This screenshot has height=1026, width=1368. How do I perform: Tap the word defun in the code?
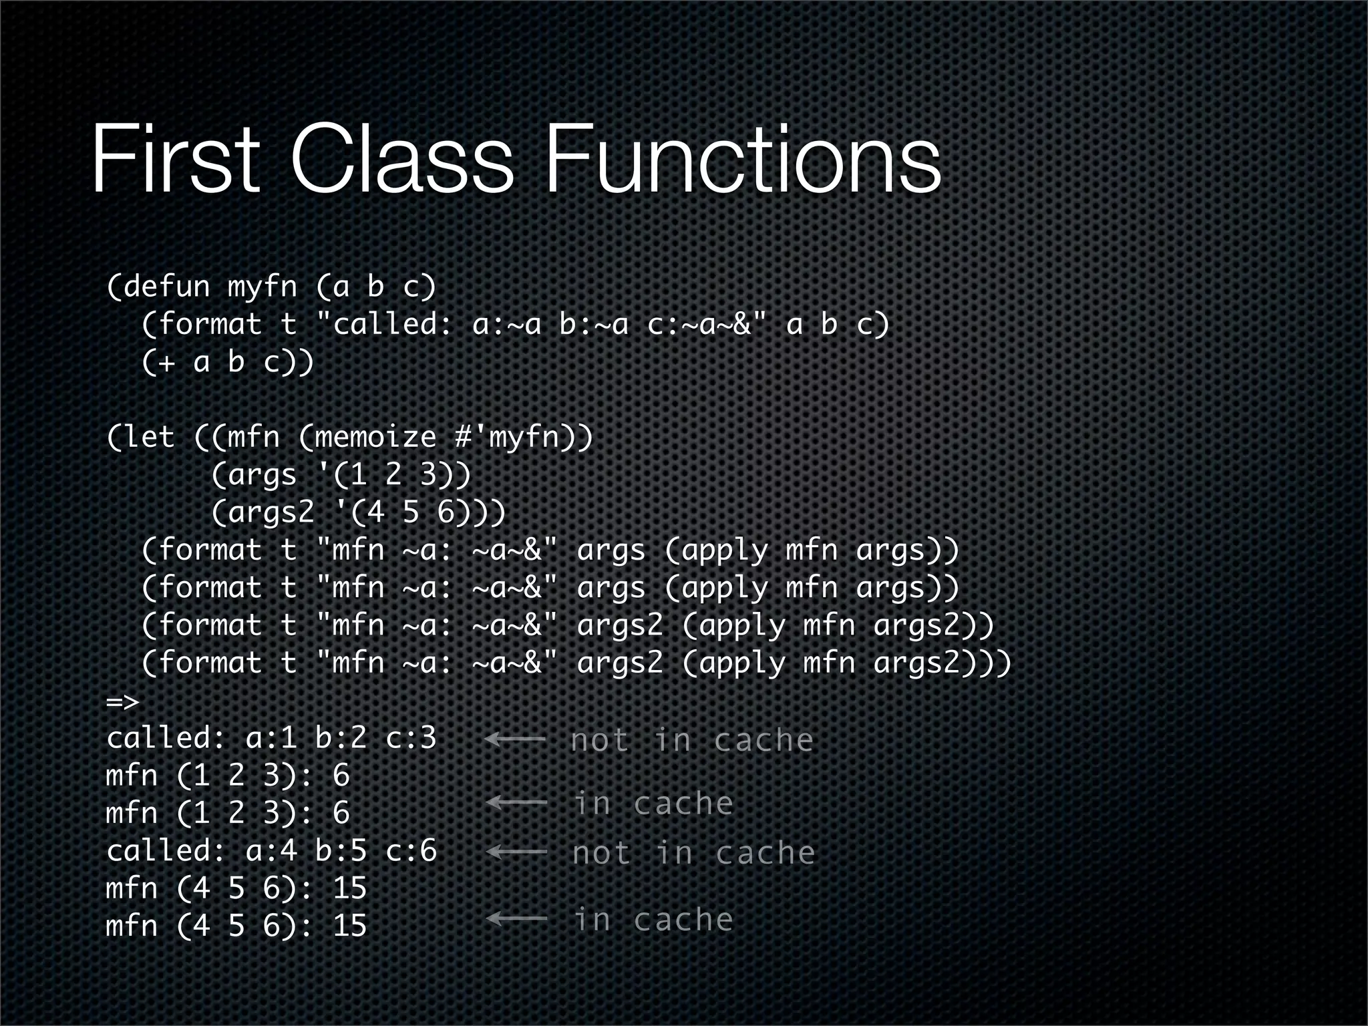coord(167,287)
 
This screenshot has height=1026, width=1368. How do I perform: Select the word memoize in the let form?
coord(375,438)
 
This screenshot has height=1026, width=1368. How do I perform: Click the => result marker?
coord(122,701)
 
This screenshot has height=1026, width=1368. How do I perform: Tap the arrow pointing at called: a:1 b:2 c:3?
coord(515,739)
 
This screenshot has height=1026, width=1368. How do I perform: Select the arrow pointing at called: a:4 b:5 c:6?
coord(516,852)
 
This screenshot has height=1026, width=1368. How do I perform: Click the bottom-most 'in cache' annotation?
coord(653,919)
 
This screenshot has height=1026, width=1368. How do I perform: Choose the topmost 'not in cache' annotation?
coord(692,740)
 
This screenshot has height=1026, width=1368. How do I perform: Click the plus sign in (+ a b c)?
coord(166,363)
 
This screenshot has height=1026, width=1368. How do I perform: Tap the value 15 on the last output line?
coord(349,926)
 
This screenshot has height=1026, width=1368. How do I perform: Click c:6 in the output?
coord(411,851)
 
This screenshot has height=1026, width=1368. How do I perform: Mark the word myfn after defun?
coord(262,287)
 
